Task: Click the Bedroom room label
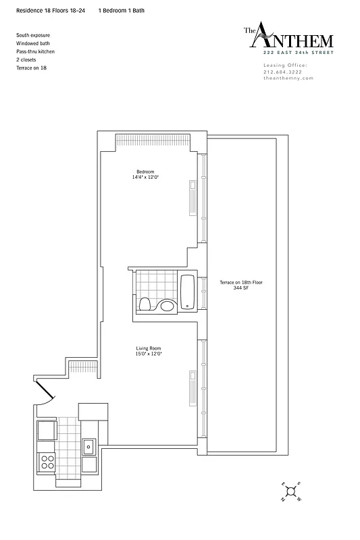coord(146,171)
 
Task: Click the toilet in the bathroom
coord(143,305)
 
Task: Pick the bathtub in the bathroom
coord(188,292)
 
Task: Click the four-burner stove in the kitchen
coord(48,462)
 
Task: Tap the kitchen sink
coord(88,446)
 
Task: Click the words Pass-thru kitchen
coord(36,51)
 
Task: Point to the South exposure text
coord(32,34)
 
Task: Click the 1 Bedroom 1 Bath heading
coord(121,11)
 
